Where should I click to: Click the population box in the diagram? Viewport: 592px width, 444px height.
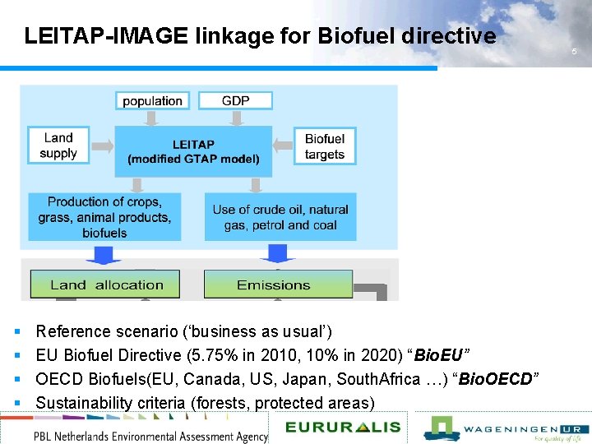click(152, 101)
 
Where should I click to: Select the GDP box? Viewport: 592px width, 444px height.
click(235, 100)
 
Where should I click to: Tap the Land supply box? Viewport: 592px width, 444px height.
click(58, 146)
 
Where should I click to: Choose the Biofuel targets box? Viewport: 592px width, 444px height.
click(324, 146)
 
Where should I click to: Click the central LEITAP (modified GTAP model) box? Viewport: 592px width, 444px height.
click(193, 151)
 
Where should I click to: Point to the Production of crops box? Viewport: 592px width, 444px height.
click(104, 217)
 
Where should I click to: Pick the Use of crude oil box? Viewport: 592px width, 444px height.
click(280, 217)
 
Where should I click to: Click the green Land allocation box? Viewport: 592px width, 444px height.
click(106, 284)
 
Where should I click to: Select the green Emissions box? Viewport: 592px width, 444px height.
click(274, 284)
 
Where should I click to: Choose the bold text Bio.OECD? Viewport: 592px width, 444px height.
click(496, 379)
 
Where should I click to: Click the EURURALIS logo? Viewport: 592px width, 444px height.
click(343, 427)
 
